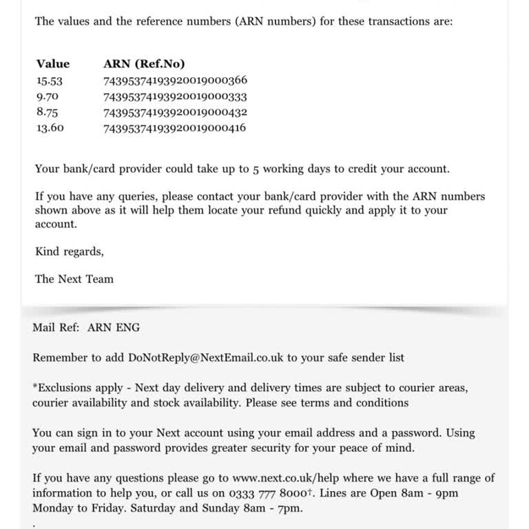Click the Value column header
[53, 64]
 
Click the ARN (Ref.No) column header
[144, 64]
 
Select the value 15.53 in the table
[50, 81]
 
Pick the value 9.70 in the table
[47, 96]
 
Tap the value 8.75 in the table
[47, 112]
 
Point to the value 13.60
[50, 127]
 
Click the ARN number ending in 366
[175, 81]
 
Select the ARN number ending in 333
[175, 96]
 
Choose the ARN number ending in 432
[175, 112]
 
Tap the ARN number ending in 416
[175, 127]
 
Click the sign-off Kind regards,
[70, 251]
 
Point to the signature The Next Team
[74, 279]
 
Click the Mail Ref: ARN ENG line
[86, 328]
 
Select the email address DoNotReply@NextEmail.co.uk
[207, 357]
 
